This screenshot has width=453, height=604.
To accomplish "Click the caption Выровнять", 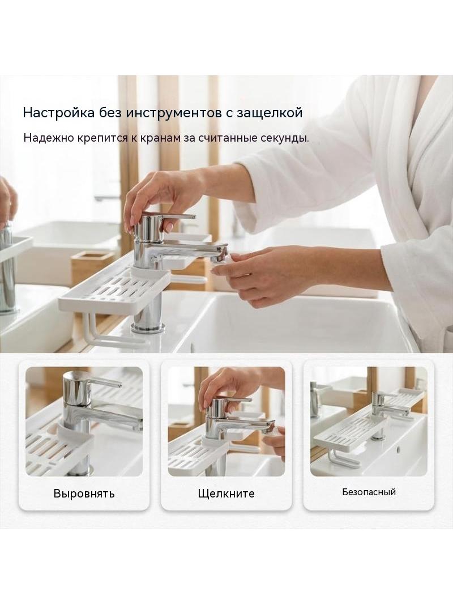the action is (x=84, y=494).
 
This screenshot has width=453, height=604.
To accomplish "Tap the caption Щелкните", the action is (x=226, y=494).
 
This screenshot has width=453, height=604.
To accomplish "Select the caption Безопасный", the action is (x=369, y=492).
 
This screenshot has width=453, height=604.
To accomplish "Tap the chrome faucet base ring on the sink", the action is (x=148, y=328).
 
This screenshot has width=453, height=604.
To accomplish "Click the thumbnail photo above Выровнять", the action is (x=84, y=422).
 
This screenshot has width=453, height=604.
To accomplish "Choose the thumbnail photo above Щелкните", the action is (x=226, y=422).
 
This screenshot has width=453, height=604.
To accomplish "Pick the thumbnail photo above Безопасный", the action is (x=369, y=422).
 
